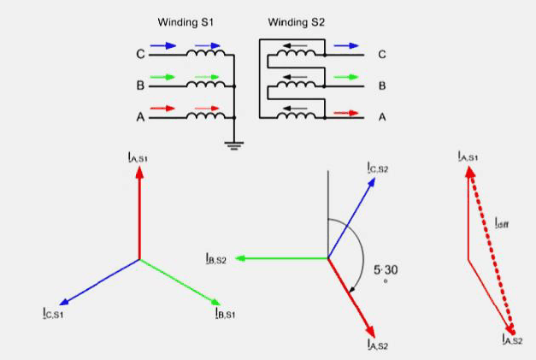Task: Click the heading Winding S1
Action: coord(181,21)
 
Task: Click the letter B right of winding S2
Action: coord(381,86)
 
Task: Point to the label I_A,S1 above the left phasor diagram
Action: coord(138,157)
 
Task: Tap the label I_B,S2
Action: coord(215,257)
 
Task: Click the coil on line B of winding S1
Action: coord(206,86)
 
